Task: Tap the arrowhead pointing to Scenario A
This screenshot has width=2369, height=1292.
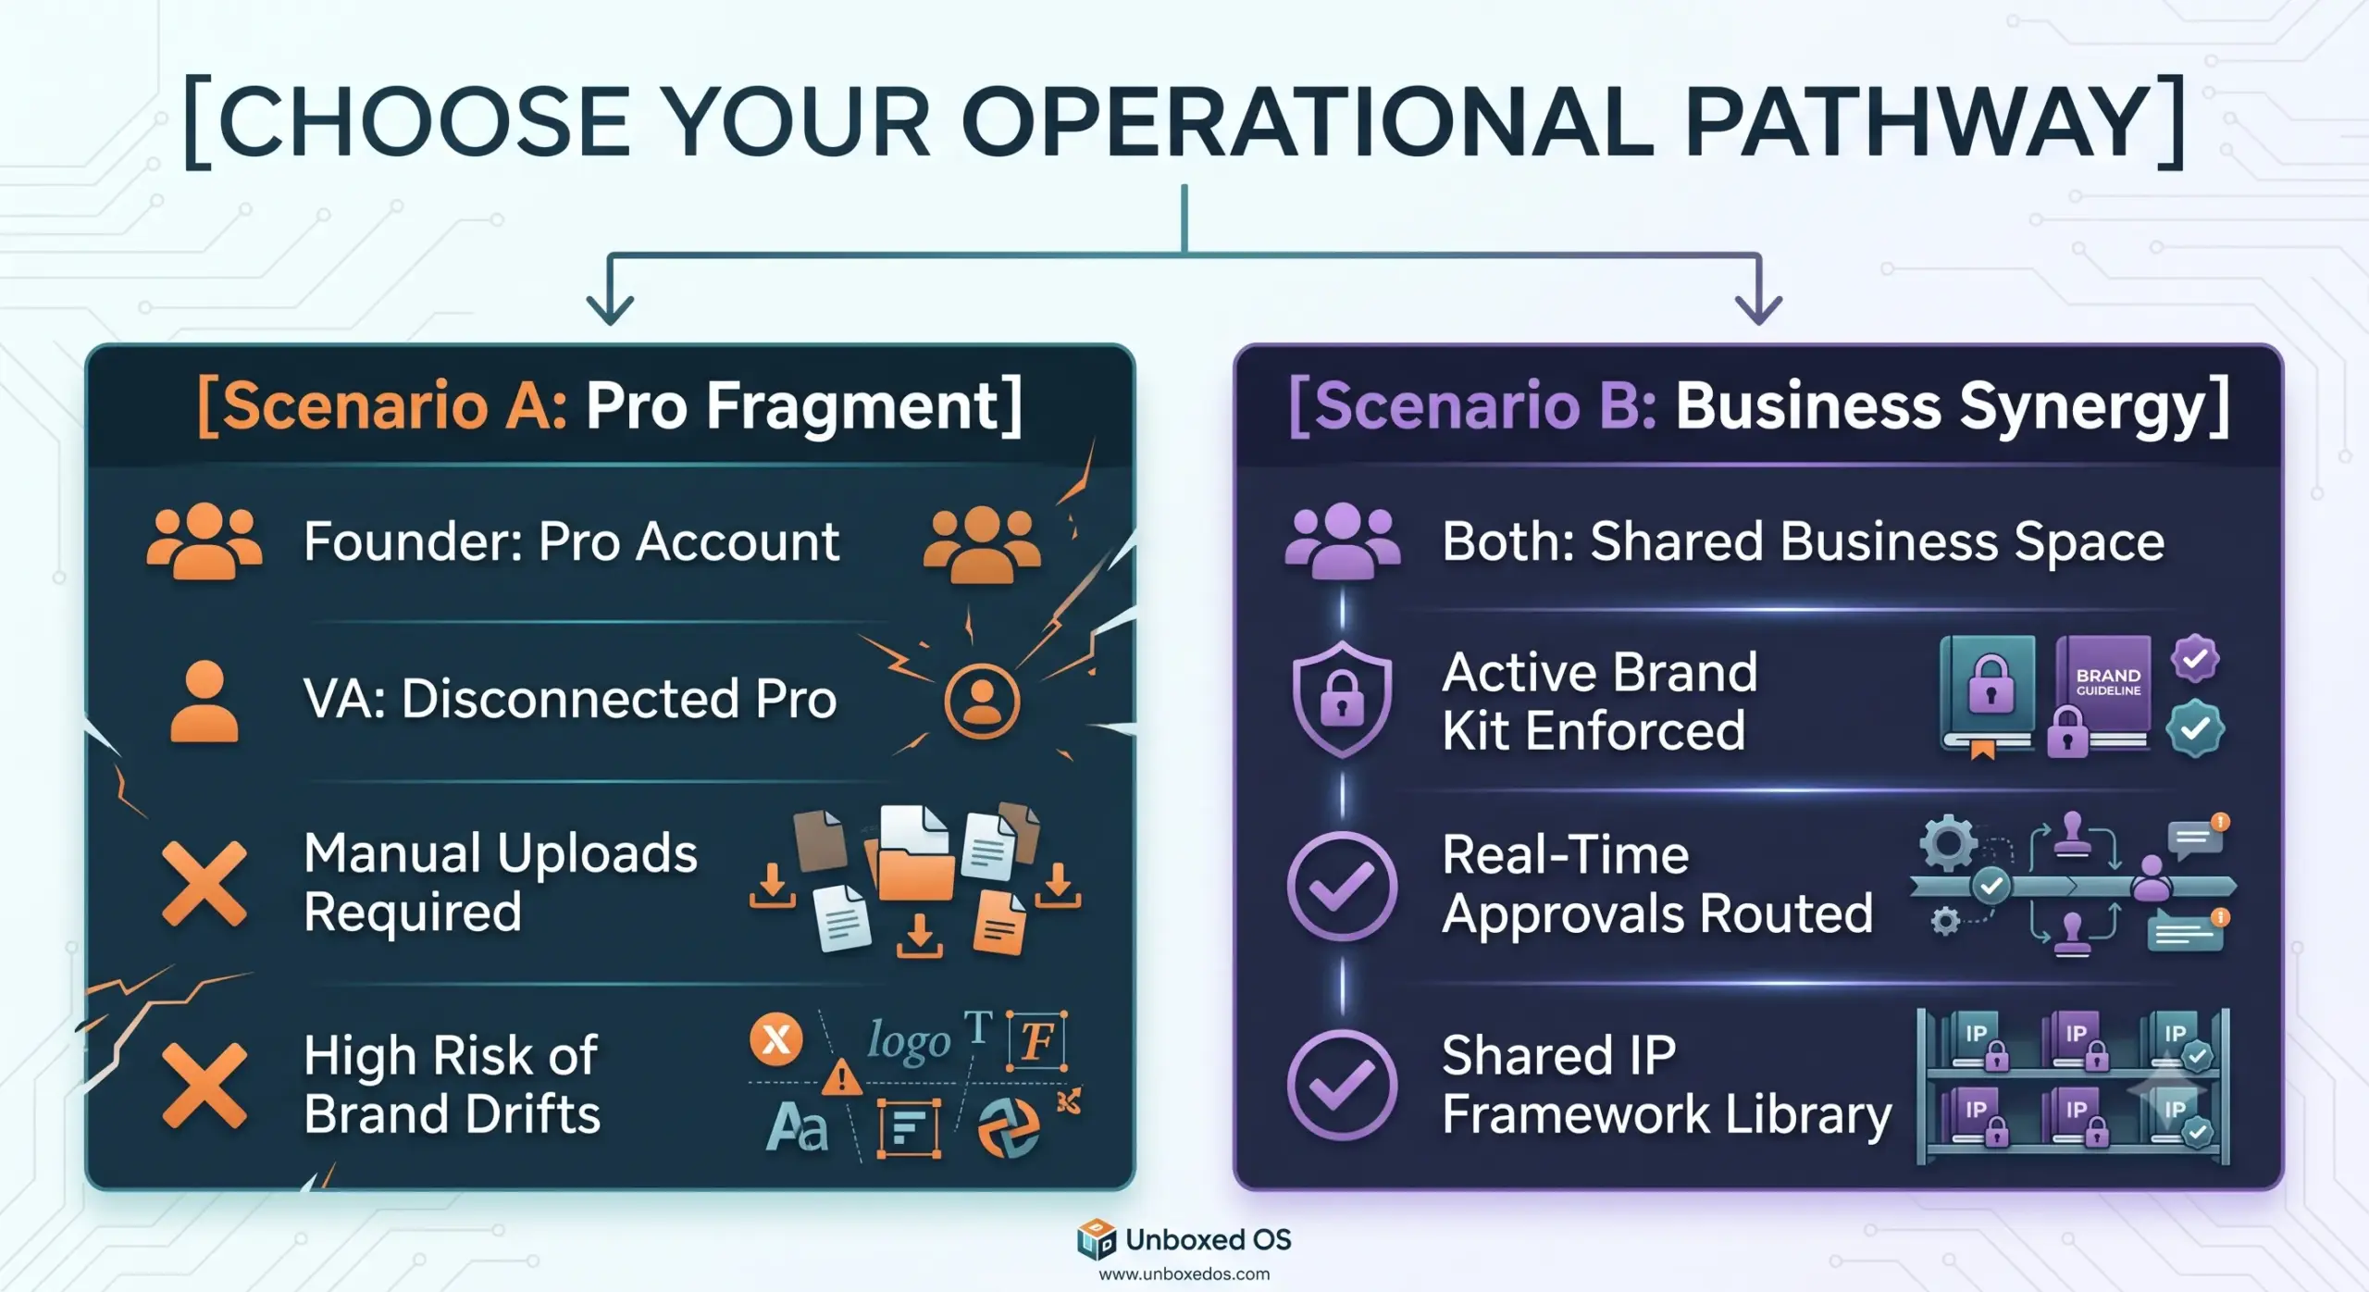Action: (x=610, y=308)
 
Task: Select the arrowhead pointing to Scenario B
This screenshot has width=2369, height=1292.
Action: (x=1758, y=308)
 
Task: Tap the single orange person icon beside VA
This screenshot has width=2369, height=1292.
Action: (x=205, y=701)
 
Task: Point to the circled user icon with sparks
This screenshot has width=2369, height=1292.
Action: (x=982, y=701)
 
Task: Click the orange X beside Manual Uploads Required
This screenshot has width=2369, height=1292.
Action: (x=205, y=884)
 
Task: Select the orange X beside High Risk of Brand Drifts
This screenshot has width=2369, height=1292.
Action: (x=205, y=1085)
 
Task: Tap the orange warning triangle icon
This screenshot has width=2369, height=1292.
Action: (x=841, y=1077)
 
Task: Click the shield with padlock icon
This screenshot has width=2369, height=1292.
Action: (x=1342, y=700)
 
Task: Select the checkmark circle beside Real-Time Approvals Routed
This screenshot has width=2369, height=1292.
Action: (x=1342, y=886)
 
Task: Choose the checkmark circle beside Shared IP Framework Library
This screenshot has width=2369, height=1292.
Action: (x=1342, y=1084)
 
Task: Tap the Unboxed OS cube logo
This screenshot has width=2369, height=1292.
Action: (x=1097, y=1240)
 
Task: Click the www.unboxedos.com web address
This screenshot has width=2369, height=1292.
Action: (x=1184, y=1274)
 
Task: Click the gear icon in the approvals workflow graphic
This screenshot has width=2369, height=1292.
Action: (x=1947, y=843)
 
